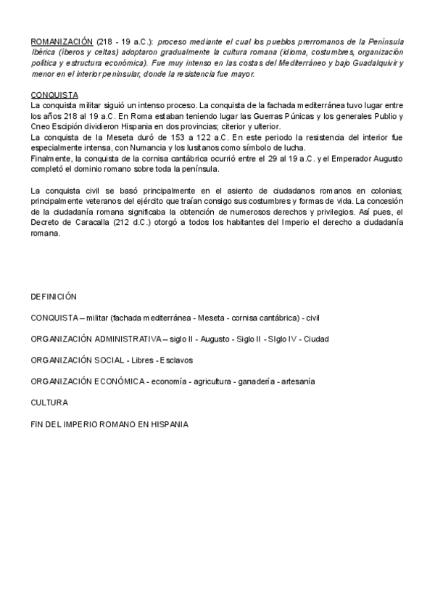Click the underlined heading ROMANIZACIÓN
(62, 42)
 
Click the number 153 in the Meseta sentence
(191, 137)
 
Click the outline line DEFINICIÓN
(54, 297)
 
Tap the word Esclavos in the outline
(176, 360)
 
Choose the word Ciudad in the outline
(316, 339)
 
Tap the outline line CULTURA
(49, 402)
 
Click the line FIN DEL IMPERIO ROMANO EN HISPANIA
(109, 424)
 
